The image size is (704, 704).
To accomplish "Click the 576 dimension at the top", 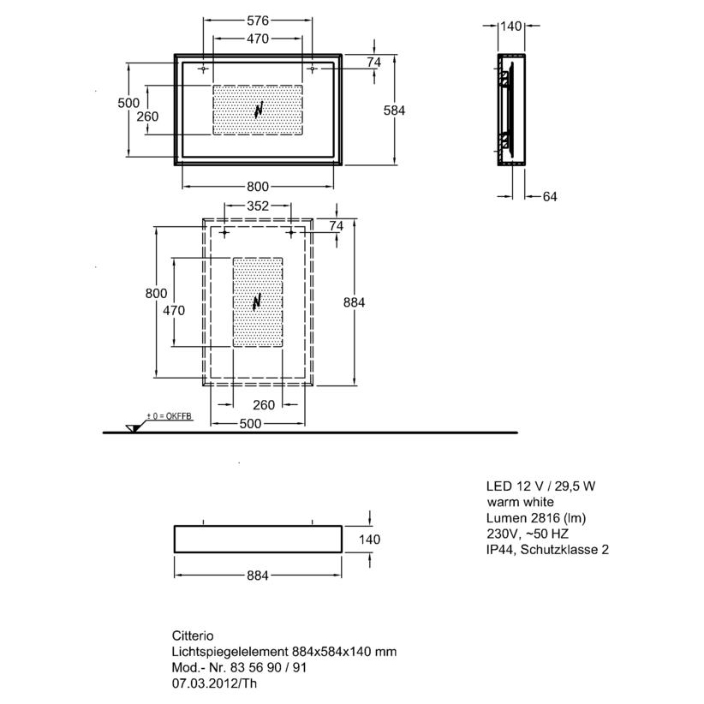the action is click(x=258, y=21).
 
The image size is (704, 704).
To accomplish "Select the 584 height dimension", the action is click(x=394, y=110).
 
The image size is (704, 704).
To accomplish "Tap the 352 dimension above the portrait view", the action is click(x=258, y=206).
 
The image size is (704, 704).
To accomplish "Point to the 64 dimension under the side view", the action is click(x=550, y=197).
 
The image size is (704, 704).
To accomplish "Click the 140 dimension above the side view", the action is click(x=511, y=26).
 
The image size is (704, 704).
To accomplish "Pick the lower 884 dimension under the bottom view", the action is click(x=258, y=576).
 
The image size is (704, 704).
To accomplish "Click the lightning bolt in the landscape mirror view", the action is click(x=259, y=110).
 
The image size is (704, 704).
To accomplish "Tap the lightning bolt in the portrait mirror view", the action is click(x=257, y=301).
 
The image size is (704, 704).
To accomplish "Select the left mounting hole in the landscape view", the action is click(x=203, y=69).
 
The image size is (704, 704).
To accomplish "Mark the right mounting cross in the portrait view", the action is click(x=291, y=233).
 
